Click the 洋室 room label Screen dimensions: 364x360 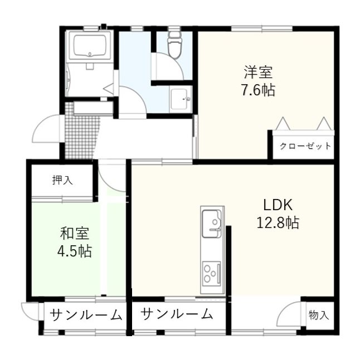pos(257,72)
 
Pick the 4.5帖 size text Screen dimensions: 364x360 pos(75,251)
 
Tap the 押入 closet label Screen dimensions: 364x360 pos(62,180)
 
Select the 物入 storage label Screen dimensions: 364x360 pos(319,315)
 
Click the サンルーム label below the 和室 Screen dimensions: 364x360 pos(86,315)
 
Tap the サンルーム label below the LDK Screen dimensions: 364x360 pos(177,314)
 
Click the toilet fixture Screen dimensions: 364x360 pos(174,43)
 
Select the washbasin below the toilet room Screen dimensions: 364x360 pos(180,99)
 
